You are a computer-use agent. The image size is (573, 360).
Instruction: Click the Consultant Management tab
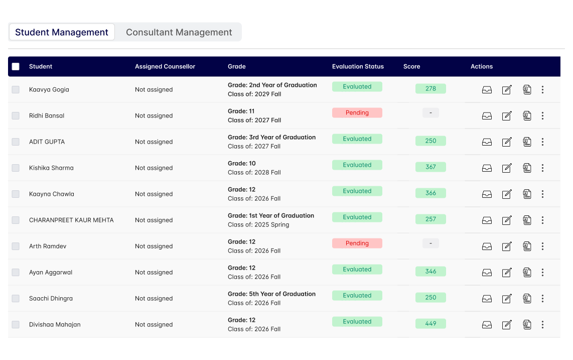(179, 32)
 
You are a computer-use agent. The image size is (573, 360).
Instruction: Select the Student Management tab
(62, 32)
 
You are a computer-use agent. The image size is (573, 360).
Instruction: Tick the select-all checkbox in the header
(16, 66)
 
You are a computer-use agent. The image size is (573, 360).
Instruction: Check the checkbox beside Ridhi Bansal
(16, 115)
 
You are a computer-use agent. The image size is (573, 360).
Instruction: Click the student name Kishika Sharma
(51, 168)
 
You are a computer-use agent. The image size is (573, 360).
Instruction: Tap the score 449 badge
(431, 323)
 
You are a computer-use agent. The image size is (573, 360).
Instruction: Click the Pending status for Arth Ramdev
(357, 243)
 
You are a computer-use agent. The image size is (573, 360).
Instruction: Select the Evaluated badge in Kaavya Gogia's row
(357, 86)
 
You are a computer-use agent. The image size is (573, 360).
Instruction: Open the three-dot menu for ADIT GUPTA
(542, 142)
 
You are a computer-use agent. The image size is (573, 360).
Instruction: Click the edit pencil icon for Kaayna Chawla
(507, 194)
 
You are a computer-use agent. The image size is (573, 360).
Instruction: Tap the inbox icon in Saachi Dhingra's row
(487, 298)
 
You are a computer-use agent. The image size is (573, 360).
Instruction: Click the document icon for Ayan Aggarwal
(527, 272)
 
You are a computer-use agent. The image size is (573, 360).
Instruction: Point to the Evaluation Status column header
(358, 66)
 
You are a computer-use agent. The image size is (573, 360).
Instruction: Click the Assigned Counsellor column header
(165, 66)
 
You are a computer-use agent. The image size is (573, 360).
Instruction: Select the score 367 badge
(431, 167)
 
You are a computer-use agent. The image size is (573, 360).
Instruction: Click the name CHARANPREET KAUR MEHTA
(71, 220)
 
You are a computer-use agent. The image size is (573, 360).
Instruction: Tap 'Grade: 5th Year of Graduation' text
(271, 294)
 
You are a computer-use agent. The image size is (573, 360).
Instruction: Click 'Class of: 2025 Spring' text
(258, 224)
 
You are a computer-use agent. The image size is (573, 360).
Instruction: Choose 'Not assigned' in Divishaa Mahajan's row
(154, 324)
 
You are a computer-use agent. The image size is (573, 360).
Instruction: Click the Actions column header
(482, 66)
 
